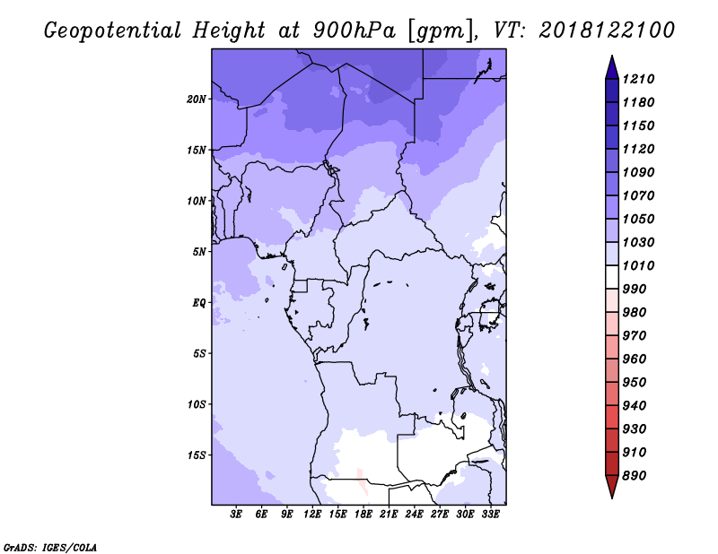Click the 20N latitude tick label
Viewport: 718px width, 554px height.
pos(196,100)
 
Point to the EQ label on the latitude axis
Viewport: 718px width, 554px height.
pos(198,303)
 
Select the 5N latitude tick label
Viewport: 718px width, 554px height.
pos(198,252)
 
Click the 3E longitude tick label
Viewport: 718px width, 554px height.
pos(236,515)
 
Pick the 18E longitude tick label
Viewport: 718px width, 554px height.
pos(363,515)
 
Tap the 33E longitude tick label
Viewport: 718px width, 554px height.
pos(490,515)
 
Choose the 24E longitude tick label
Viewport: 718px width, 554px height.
pos(414,515)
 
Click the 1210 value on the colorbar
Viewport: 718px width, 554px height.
pos(638,79)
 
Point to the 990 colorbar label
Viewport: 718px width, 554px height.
pos(634,290)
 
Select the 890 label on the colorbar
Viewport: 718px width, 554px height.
pos(634,476)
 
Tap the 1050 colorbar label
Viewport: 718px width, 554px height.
pos(638,219)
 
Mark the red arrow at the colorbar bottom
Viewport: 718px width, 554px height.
pos(612,486)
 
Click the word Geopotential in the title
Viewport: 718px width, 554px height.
pos(113,30)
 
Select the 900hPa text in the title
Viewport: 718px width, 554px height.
pos(354,30)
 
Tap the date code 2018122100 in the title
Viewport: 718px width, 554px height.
pos(607,30)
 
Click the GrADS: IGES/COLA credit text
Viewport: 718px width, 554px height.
pos(50,548)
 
